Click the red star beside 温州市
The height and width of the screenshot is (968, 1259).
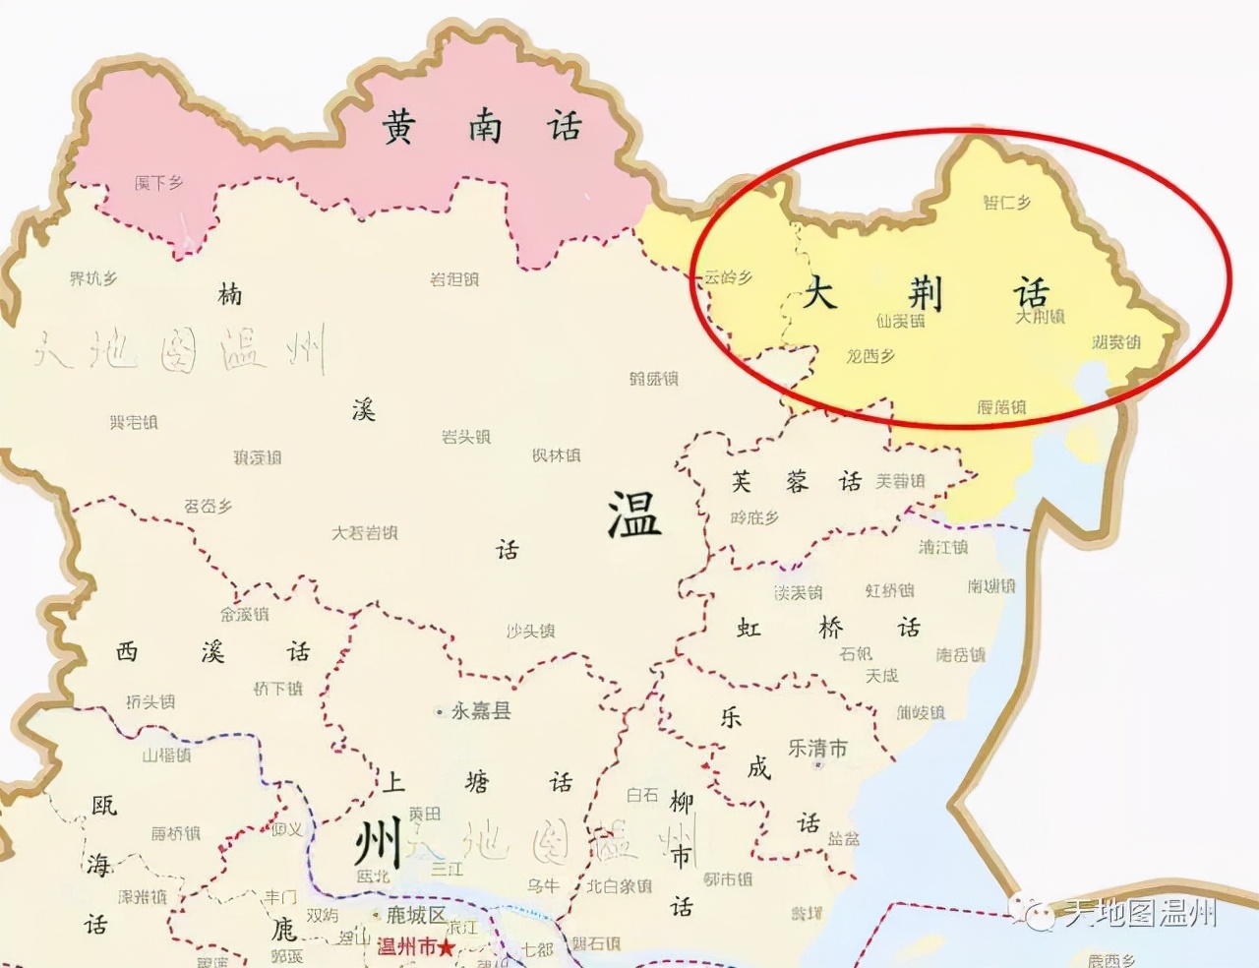tap(448, 948)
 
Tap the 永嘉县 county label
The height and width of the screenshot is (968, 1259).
tap(480, 710)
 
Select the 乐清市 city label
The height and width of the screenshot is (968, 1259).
tap(817, 748)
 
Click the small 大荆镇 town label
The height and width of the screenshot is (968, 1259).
tap(1040, 317)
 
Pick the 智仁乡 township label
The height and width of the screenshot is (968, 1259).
tap(1006, 203)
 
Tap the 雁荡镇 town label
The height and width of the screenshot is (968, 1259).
tap(1001, 406)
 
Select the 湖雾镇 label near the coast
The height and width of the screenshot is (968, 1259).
tap(1116, 342)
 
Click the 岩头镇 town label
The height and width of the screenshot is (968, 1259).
tap(465, 436)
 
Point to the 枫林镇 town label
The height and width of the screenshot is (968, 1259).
tap(556, 455)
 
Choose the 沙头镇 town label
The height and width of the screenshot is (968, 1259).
tap(530, 631)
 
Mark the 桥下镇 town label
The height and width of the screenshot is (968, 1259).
tap(277, 689)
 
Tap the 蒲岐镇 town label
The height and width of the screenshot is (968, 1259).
tap(921, 712)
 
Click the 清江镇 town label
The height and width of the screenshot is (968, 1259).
tap(943, 547)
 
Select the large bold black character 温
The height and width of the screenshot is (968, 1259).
tap(633, 514)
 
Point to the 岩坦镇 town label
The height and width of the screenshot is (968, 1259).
tap(453, 279)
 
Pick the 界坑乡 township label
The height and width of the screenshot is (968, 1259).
tap(93, 279)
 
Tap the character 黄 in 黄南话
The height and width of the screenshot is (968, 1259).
tap(398, 127)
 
